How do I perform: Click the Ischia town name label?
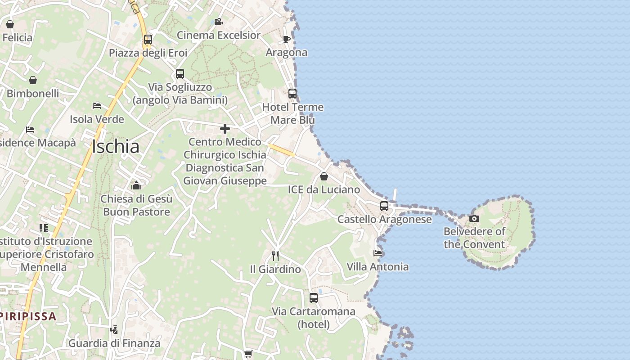116,147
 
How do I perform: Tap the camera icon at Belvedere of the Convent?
474,219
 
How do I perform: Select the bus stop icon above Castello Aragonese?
384,206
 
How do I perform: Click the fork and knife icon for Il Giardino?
275,256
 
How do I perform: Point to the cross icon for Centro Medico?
225,129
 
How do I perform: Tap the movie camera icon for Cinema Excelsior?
218,22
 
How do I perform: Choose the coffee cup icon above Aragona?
286,39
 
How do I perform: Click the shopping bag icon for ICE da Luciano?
324,176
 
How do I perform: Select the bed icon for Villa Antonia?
378,253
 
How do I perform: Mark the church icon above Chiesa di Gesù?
136,185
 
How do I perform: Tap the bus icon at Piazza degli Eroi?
148,40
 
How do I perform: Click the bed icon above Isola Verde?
97,106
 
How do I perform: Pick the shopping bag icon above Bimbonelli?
33,80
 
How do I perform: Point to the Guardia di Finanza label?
114,343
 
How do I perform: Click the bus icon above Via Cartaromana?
314,298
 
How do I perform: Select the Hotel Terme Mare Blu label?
293,113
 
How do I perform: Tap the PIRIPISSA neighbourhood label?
28,316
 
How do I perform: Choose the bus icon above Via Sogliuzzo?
180,74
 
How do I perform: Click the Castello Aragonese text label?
384,220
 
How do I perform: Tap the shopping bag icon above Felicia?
10,24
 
